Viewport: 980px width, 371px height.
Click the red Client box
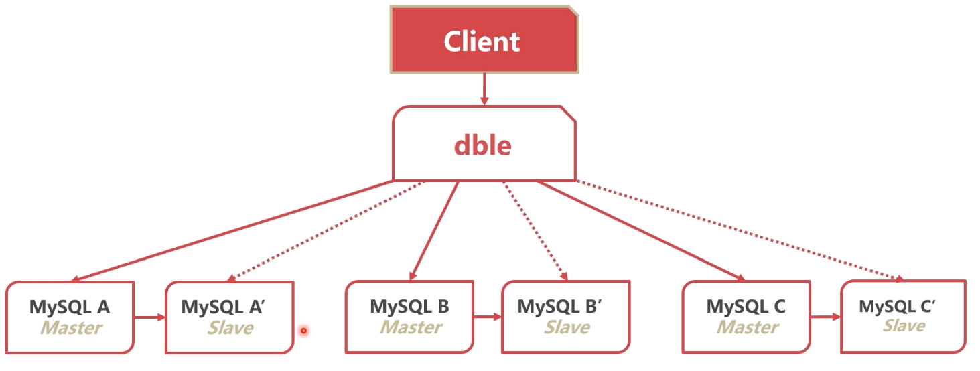[x=484, y=40]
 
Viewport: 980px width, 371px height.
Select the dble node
[x=484, y=143]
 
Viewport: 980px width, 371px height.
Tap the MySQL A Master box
[x=70, y=317]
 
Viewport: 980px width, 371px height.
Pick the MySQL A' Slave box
[x=230, y=317]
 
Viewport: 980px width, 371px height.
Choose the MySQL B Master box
[x=409, y=317]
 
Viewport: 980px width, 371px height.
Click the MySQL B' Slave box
[x=566, y=317]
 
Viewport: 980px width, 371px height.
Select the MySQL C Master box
[x=746, y=317]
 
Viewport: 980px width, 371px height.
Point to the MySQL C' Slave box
[x=903, y=316]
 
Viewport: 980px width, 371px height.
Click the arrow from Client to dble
[x=484, y=89]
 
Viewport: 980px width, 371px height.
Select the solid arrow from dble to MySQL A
[x=234, y=230]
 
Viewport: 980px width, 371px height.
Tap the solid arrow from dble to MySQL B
[x=434, y=230]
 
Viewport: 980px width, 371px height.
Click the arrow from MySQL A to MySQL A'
[x=149, y=317]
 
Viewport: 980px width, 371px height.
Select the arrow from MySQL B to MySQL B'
[x=487, y=317]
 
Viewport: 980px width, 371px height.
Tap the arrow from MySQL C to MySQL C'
[x=825, y=317]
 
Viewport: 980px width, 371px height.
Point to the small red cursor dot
[x=303, y=330]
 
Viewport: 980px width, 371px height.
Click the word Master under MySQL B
[x=411, y=327]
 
